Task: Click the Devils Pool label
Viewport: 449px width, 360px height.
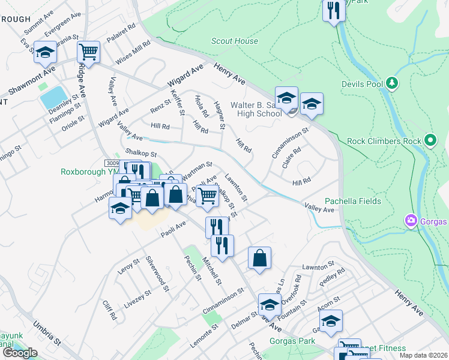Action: click(362, 84)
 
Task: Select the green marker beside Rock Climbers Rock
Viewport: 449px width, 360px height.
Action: click(430, 141)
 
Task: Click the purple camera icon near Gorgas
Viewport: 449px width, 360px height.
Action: click(411, 221)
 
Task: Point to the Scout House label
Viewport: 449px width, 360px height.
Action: click(235, 41)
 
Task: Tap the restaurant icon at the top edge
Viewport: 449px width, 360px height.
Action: click(333, 10)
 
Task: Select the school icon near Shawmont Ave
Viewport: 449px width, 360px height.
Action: click(45, 53)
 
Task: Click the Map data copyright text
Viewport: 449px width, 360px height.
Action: click(422, 355)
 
